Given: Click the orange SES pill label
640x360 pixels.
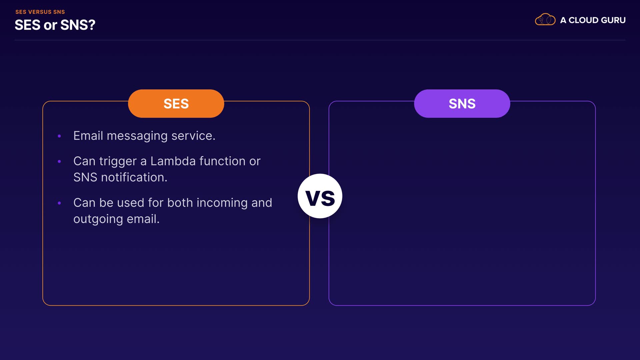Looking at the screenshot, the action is [176, 103].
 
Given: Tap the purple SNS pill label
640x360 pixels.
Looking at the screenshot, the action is [462, 103].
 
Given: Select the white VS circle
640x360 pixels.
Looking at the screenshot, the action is [320, 196].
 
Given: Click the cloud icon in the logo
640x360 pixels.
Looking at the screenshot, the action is [545, 20].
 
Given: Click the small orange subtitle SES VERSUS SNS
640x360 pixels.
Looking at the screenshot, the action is [40, 12].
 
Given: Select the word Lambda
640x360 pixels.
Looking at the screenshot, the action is [173, 161].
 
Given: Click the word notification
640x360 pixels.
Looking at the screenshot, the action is [134, 177].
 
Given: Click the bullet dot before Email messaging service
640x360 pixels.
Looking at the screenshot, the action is [59, 136].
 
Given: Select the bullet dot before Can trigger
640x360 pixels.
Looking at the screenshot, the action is [59, 161].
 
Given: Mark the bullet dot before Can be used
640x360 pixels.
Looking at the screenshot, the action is [59, 203].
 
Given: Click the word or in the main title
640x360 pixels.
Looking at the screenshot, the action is [50, 26].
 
